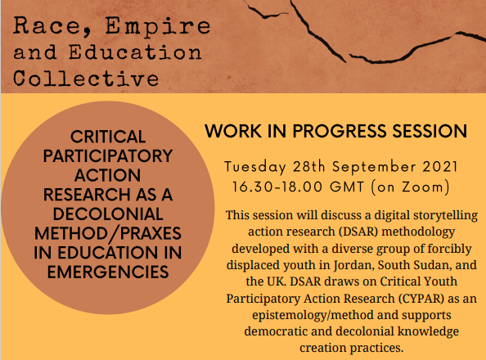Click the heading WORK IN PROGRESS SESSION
(336, 132)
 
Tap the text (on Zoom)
(410, 187)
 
